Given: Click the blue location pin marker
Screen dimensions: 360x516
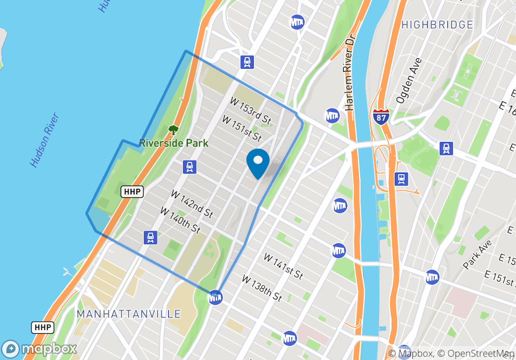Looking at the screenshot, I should [258, 162].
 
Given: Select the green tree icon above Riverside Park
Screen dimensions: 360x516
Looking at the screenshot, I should [173, 130].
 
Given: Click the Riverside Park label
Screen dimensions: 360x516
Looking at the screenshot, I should [174, 143].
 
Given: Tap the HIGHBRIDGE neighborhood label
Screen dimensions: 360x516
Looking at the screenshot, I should [437, 25].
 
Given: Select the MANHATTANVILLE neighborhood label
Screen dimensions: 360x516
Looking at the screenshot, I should [128, 314].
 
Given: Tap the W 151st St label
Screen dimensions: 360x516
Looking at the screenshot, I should [241, 128].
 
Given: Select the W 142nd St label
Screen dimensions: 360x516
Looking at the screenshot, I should [191, 204].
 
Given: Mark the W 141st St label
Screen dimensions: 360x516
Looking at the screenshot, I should [283, 266].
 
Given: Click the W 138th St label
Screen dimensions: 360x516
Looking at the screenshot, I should [262, 288].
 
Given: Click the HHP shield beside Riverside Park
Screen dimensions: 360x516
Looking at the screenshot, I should [129, 192].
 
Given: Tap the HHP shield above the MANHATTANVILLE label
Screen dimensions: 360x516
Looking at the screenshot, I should [42, 327].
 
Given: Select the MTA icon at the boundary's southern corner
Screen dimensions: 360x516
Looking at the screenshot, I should [215, 297].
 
